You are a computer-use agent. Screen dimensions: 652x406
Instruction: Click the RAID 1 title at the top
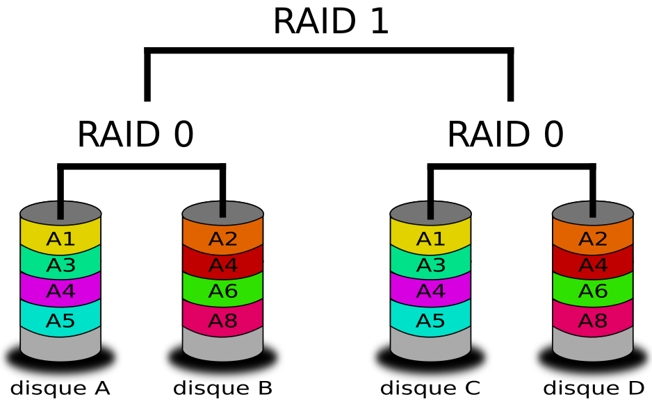331,22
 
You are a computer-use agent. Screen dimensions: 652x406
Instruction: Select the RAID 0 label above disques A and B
136,134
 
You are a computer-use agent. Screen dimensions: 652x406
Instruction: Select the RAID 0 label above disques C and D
505,134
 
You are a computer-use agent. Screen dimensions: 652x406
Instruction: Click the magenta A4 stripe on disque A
60,290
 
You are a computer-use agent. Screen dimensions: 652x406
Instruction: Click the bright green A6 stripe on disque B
223,290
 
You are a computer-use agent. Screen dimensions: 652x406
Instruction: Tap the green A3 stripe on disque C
430,264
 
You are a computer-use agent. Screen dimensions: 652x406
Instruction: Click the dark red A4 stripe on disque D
593,264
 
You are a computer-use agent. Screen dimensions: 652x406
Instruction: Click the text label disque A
60,389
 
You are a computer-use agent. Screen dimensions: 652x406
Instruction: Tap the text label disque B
223,389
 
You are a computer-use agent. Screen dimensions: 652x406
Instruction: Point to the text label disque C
430,389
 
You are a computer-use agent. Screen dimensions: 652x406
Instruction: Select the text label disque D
594,389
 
